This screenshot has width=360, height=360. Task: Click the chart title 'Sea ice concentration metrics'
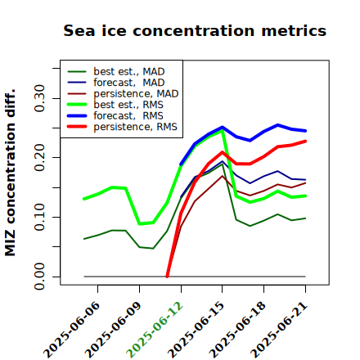tap(195, 30)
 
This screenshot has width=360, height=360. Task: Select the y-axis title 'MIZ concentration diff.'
tap(10, 173)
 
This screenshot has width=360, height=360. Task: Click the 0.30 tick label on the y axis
tap(39, 98)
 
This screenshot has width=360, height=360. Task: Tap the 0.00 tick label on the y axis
tap(39, 277)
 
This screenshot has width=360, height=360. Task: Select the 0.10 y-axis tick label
tap(39, 217)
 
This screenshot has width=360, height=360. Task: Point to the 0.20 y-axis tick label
tap(39, 158)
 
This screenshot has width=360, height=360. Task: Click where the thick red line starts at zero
tap(167, 277)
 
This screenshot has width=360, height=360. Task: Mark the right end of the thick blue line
tap(305, 131)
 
